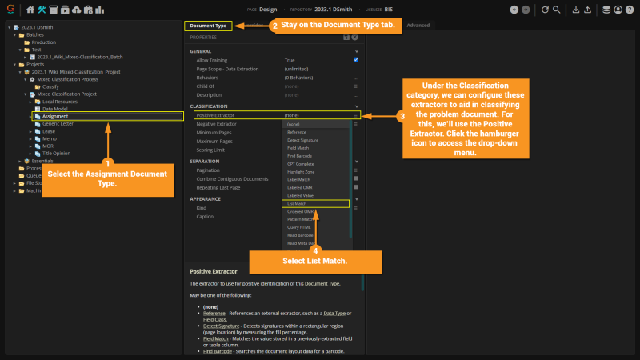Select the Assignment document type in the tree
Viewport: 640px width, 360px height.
pos(56,116)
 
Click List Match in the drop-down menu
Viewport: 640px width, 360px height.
pos(297,204)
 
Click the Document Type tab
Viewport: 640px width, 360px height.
pos(207,26)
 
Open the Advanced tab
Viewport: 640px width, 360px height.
pos(418,26)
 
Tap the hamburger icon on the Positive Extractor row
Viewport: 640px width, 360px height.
pos(355,115)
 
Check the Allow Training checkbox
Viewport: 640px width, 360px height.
pos(355,60)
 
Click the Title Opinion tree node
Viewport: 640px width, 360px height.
pos(56,153)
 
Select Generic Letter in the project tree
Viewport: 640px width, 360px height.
pos(58,123)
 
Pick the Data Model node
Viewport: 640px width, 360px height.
pos(54,109)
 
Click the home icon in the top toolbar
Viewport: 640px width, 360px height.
pos(30,10)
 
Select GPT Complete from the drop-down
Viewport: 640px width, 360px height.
pos(299,164)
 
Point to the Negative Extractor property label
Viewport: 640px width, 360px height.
pos(216,124)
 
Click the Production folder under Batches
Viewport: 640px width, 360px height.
pos(44,42)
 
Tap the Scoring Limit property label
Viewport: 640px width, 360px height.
pos(210,150)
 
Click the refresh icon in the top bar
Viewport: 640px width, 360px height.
pos(545,10)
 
